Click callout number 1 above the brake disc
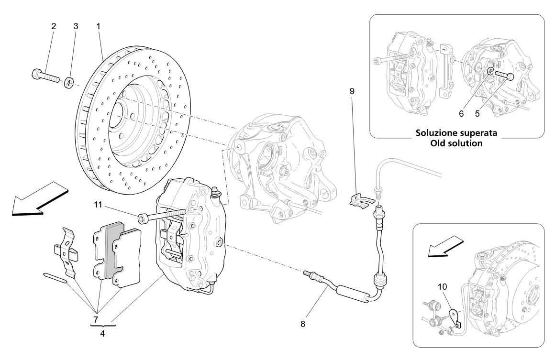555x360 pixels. (x=98, y=26)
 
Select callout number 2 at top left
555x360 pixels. (x=54, y=26)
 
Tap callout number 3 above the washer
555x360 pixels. (x=76, y=26)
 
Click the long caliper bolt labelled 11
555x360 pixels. (x=163, y=216)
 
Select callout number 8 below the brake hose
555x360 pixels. (x=302, y=323)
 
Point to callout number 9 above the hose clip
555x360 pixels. (x=352, y=90)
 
